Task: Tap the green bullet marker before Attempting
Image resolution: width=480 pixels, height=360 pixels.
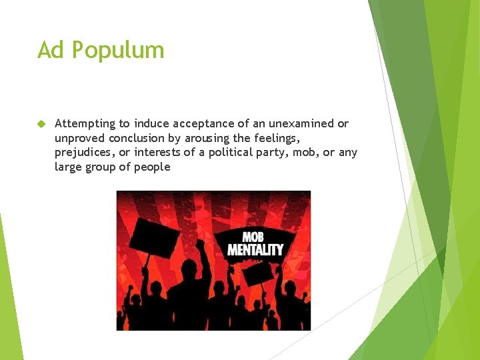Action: coord(41,124)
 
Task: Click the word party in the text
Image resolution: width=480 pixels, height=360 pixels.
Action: coord(301,153)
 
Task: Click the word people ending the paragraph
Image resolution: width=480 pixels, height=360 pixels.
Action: coord(153,167)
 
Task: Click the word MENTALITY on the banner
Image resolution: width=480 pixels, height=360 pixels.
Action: coord(255,250)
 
